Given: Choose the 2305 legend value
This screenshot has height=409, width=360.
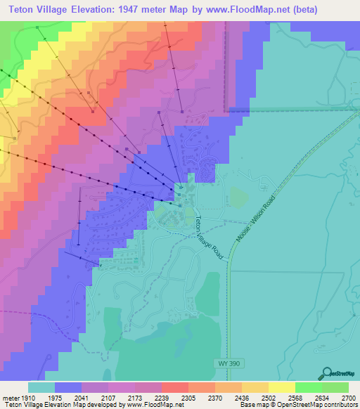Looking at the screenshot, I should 188,397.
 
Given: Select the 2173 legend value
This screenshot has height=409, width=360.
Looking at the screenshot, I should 135,397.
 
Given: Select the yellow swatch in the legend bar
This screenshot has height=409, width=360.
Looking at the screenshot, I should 282,387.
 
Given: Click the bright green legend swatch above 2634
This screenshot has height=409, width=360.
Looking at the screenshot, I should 309,387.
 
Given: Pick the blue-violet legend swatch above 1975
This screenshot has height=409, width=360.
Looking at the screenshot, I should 68,387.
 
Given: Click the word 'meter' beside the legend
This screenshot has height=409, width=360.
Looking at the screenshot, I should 12,397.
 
